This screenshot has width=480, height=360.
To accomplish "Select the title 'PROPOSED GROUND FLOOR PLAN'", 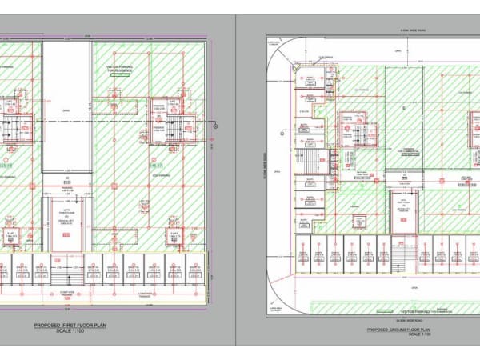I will (x=398, y=329).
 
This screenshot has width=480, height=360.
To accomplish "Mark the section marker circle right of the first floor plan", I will (x=215, y=126).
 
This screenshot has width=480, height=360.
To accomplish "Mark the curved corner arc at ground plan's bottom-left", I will (x=276, y=300).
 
